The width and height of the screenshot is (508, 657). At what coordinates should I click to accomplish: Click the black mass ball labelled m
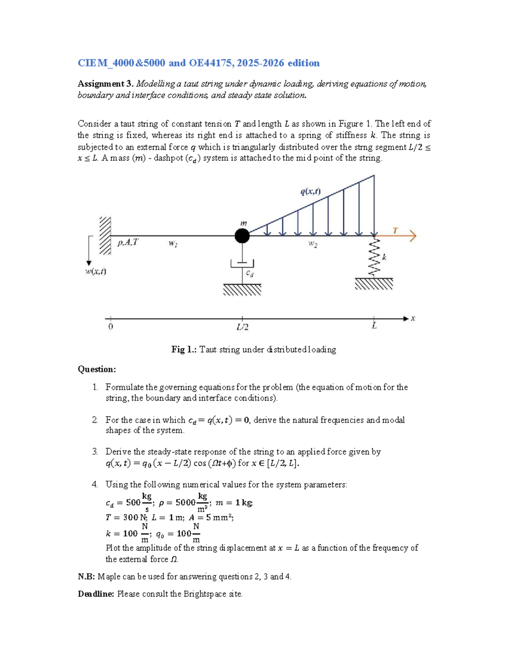[242, 236]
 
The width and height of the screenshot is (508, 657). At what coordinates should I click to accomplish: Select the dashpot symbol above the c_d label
[242, 263]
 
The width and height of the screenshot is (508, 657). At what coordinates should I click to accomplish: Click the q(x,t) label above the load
[310, 192]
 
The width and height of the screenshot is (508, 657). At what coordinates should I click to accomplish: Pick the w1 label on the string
[173, 244]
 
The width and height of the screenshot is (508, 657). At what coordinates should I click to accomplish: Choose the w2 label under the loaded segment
[313, 244]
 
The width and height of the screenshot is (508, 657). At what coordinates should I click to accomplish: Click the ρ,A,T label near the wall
[127, 242]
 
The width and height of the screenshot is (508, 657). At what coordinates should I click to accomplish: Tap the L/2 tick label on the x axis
[242, 327]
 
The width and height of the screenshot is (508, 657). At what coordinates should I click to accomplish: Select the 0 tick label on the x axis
[110, 327]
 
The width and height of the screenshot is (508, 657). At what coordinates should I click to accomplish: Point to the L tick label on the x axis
[374, 326]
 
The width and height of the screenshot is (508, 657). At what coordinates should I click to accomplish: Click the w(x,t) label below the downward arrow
[96, 272]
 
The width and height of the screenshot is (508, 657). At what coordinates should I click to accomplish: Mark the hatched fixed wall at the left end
[105, 236]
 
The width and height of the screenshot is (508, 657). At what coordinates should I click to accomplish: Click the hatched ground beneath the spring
[374, 284]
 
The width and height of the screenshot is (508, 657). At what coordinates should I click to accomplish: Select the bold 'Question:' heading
[97, 369]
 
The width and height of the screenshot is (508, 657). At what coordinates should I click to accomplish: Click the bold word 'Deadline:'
[96, 594]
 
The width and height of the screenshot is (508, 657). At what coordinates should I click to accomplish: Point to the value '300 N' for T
[131, 517]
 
